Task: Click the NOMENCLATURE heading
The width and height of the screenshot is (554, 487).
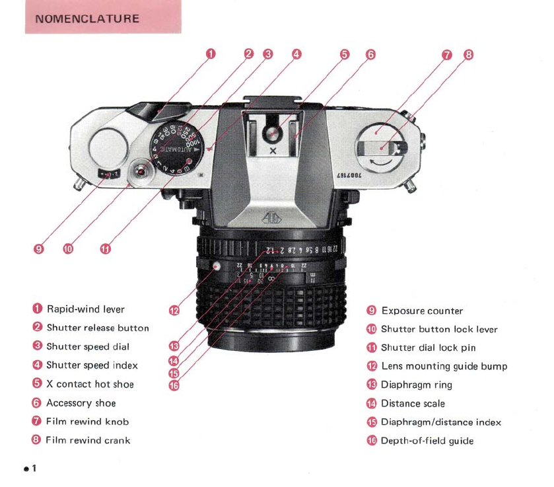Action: click(x=87, y=18)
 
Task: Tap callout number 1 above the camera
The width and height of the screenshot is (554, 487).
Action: click(x=211, y=54)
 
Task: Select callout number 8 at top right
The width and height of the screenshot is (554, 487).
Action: click(x=468, y=55)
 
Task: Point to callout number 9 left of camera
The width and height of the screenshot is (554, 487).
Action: click(x=39, y=249)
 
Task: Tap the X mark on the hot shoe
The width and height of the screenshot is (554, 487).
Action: click(x=273, y=151)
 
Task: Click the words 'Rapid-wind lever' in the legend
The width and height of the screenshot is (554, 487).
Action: click(x=85, y=309)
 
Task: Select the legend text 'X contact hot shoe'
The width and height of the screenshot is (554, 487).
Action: click(x=89, y=384)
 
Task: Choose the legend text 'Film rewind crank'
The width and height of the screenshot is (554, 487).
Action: click(x=88, y=440)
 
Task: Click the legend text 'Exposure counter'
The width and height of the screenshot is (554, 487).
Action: click(x=422, y=311)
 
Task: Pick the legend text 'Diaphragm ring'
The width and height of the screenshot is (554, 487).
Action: click(x=416, y=385)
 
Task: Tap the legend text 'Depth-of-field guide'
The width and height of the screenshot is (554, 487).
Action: click(x=427, y=441)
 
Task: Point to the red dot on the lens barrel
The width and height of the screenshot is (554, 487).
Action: click(x=217, y=266)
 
